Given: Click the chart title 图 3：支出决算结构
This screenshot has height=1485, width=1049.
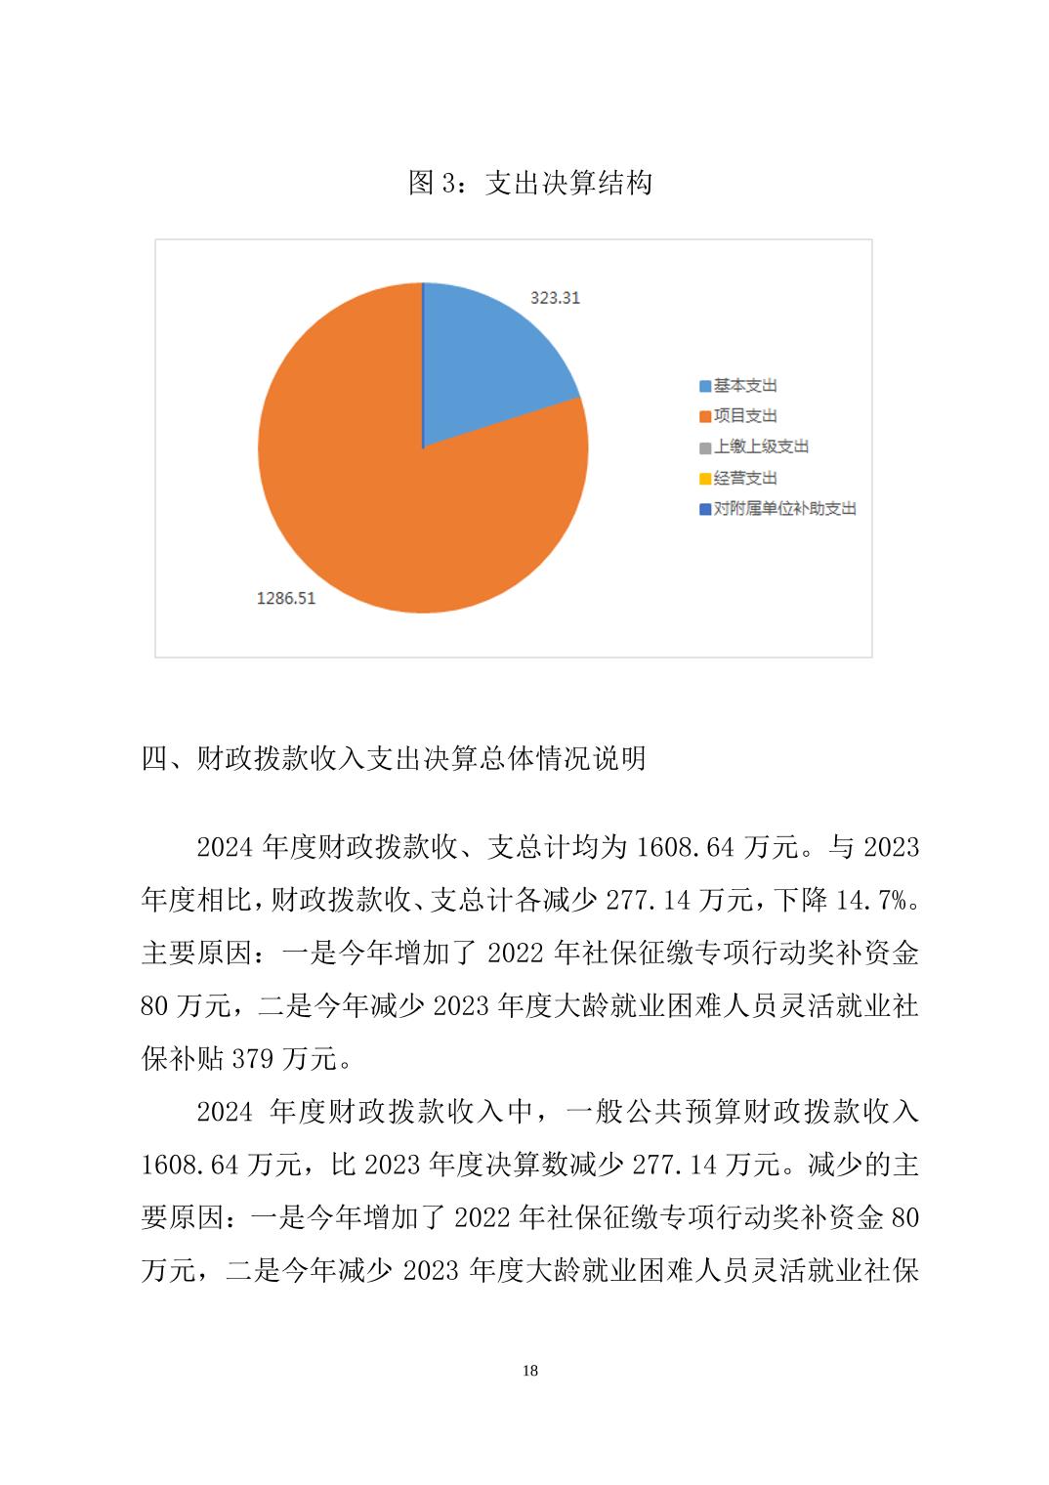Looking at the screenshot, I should (529, 183).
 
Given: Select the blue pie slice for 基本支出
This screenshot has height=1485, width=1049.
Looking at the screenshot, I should (493, 366).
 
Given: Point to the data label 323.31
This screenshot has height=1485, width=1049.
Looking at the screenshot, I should (555, 298).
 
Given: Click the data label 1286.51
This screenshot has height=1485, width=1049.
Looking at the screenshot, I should (286, 598).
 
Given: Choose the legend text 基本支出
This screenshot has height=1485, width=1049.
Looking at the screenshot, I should (745, 386).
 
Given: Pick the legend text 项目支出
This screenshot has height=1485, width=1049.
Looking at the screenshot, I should (745, 416).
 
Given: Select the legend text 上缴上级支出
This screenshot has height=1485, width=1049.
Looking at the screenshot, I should (761, 446).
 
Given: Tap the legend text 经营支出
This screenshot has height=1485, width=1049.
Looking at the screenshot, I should (745, 478).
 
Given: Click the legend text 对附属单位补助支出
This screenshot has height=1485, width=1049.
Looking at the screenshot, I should (784, 508).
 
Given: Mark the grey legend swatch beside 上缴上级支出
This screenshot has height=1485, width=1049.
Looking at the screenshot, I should (705, 447).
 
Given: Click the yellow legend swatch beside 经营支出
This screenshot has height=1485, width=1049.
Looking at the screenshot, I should (705, 479).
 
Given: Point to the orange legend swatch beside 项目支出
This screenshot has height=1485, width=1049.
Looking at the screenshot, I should (705, 417).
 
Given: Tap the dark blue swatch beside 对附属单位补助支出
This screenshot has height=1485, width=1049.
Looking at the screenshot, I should (705, 509).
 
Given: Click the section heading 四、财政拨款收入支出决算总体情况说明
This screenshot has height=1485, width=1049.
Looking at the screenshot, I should (394, 758).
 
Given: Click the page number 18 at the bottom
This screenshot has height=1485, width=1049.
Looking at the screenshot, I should (530, 1371).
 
